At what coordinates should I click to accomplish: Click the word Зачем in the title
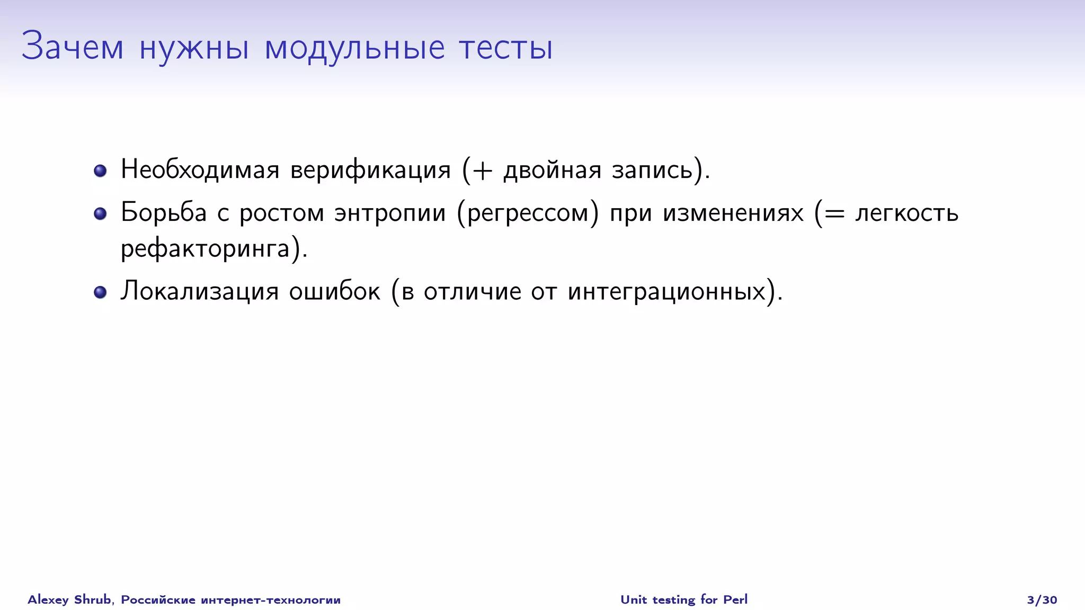click(73, 47)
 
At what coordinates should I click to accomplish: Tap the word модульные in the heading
click(354, 48)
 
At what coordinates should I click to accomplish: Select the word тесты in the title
click(506, 48)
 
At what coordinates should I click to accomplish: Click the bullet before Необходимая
click(100, 171)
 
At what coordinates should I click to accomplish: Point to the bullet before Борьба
click(100, 213)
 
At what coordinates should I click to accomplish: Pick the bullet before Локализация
click(100, 292)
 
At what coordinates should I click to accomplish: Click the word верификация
click(370, 170)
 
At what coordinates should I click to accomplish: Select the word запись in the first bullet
click(652, 170)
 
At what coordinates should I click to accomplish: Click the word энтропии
click(390, 213)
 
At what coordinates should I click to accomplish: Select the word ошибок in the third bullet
click(334, 291)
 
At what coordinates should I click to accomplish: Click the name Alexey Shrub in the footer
click(69, 599)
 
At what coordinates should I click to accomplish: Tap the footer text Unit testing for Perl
click(684, 599)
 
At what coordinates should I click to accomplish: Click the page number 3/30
click(1042, 600)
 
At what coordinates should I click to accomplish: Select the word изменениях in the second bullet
click(733, 213)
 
